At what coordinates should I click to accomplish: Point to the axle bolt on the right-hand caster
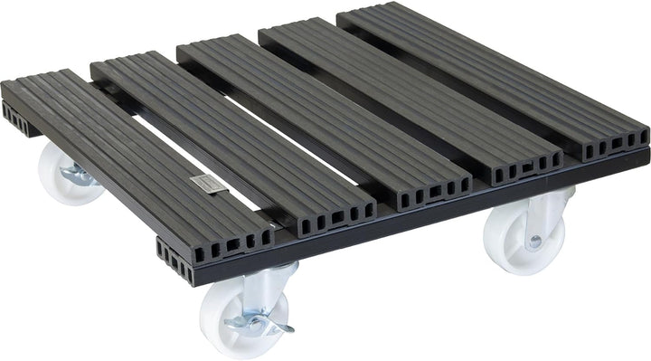(x=535, y=242)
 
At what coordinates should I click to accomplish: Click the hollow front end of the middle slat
(x=426, y=185)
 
